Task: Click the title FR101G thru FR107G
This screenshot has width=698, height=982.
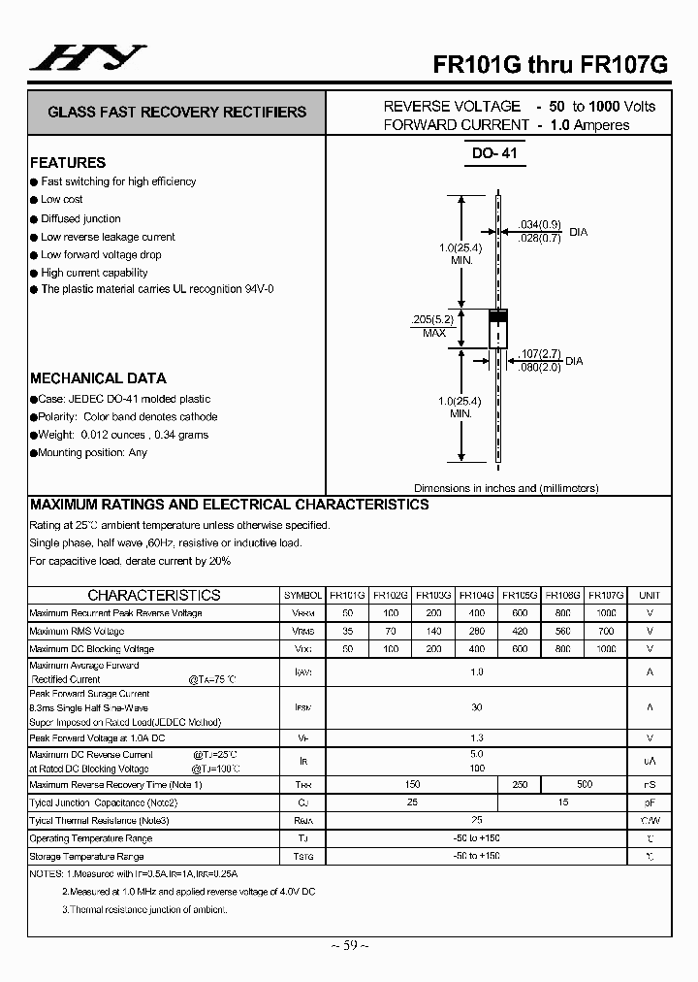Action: click(550, 63)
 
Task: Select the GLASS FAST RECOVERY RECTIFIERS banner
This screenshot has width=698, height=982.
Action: click(176, 112)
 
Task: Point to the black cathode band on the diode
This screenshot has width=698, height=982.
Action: click(497, 316)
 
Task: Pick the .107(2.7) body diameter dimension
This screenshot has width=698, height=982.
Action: click(538, 353)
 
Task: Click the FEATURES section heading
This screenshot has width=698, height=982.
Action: click(68, 162)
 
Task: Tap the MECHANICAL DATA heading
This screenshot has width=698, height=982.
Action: click(98, 378)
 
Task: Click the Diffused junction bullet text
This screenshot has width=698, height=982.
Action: click(80, 218)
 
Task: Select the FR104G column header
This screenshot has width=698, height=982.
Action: click(476, 595)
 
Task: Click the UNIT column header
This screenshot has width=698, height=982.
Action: click(650, 595)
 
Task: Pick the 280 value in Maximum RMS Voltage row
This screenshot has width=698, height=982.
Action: click(476, 631)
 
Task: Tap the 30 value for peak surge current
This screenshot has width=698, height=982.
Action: click(476, 707)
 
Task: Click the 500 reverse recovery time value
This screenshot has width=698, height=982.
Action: click(585, 784)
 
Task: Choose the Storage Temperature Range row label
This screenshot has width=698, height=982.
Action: click(86, 857)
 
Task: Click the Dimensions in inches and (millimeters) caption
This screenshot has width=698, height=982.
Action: click(506, 488)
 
